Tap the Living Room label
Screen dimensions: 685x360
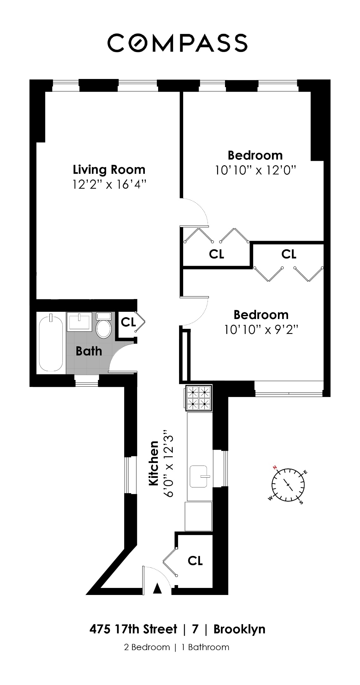tap(109, 170)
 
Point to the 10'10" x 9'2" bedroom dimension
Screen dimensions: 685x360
tap(261, 330)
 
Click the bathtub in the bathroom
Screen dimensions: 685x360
tap(51, 342)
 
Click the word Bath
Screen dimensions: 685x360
tap(89, 351)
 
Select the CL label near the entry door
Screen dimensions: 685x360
tap(195, 561)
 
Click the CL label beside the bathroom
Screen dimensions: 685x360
tap(128, 322)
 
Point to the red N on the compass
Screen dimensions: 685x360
tap(275, 468)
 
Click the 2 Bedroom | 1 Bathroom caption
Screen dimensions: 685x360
tap(177, 647)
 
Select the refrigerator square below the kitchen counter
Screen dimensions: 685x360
tap(198, 516)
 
